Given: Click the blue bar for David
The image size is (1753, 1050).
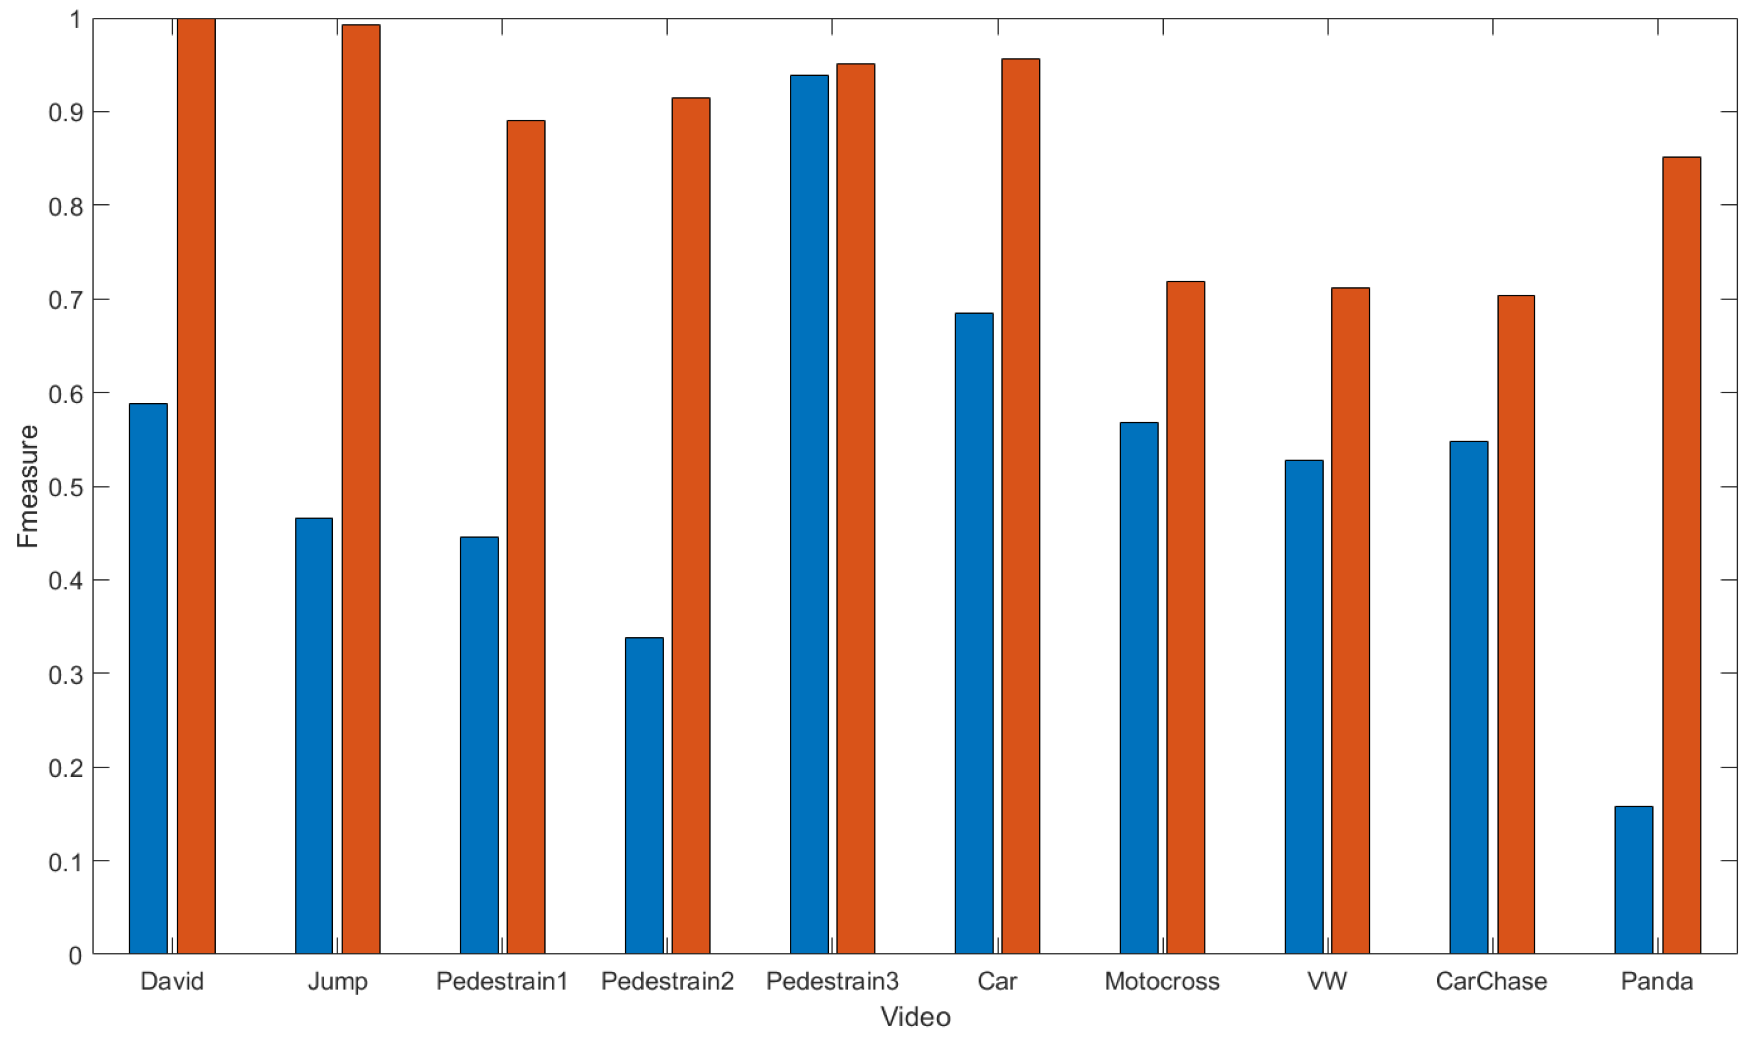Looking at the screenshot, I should (148, 679).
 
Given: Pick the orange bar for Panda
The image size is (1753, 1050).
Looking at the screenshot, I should (1681, 555).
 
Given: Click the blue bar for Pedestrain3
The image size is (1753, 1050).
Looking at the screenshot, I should (809, 514).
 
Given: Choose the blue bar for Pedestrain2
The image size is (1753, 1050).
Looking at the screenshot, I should (644, 796).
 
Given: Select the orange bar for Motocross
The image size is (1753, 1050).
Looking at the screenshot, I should (1185, 618).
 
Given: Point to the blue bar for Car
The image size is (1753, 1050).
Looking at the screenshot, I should (974, 633).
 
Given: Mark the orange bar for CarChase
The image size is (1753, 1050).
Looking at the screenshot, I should (1516, 625).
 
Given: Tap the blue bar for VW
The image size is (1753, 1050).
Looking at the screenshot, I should (1304, 707).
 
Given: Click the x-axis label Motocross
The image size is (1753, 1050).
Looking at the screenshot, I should (1162, 981).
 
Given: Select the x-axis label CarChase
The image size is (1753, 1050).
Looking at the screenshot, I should (1491, 981).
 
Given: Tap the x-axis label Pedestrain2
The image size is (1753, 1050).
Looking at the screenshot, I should (667, 981).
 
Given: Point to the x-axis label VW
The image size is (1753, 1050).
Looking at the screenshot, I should (1327, 981).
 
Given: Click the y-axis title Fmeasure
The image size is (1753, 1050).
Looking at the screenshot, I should (27, 486).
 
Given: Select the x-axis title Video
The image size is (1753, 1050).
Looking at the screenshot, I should (915, 1017).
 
